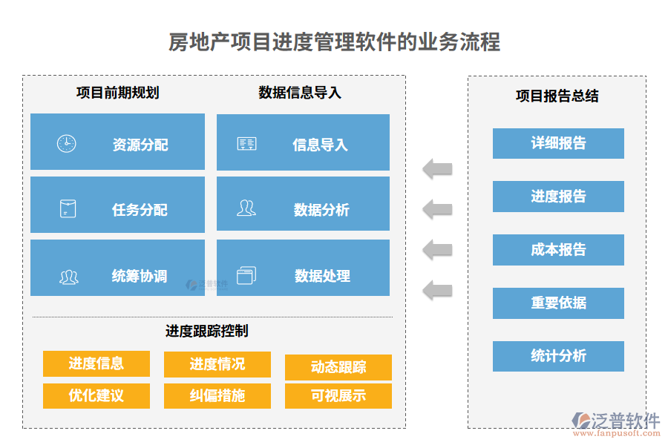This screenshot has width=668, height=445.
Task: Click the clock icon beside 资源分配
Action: pyautogui.click(x=66, y=143)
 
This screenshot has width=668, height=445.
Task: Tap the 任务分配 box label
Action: pyautogui.click(x=140, y=210)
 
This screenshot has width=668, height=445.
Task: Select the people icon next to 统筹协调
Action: pyautogui.click(x=69, y=277)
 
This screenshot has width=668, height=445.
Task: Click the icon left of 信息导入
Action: pyautogui.click(x=246, y=144)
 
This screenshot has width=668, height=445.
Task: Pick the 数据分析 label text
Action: pyautogui.click(x=321, y=210)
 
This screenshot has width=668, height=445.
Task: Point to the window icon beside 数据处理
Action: pyautogui.click(x=246, y=276)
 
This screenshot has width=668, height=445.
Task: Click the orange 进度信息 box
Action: pyautogui.click(x=96, y=363)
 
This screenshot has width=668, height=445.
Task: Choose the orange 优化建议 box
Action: pyautogui.click(x=96, y=395)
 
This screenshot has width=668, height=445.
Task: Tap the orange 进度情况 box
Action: pyautogui.click(x=217, y=364)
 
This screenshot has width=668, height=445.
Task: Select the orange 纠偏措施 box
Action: pyautogui.click(x=217, y=395)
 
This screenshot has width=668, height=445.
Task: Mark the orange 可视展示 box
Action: pyautogui.click(x=338, y=395)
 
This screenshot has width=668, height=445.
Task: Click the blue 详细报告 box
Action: pyautogui.click(x=558, y=143)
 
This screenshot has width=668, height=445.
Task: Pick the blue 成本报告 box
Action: pyautogui.click(x=558, y=250)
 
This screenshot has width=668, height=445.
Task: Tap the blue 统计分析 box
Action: pyautogui.click(x=558, y=356)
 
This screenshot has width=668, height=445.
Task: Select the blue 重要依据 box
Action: pyautogui.click(x=558, y=303)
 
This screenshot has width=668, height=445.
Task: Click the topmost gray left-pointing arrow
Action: pyautogui.click(x=438, y=169)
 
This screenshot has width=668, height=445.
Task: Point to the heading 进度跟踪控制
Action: pyautogui.click(x=206, y=331)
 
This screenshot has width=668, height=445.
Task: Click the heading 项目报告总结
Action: pyautogui.click(x=557, y=96)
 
